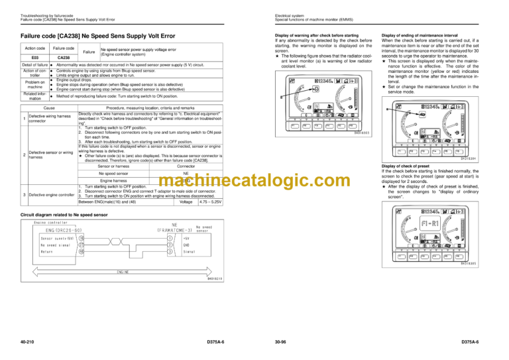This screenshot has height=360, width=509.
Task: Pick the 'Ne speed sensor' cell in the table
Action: [113, 172]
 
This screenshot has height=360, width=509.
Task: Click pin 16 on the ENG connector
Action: [82, 237]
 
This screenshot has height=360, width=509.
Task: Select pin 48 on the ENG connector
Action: [82, 251]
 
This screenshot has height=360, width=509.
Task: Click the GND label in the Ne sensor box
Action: [186, 245]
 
